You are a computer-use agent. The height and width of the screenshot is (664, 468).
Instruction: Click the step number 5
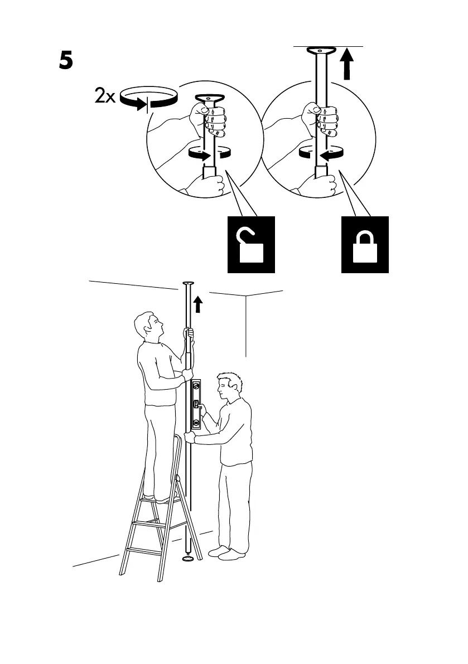tap(66, 61)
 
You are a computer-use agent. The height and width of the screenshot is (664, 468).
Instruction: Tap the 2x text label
tap(104, 98)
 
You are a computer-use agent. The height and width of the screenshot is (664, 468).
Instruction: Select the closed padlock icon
tap(364, 245)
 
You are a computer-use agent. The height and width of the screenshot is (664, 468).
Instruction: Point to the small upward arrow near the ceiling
tap(197, 304)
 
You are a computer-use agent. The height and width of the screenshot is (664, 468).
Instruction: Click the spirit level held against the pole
tap(196, 404)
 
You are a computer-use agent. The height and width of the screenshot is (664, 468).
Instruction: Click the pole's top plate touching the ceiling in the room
tap(188, 285)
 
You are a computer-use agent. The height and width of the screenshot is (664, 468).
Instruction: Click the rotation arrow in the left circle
tap(210, 153)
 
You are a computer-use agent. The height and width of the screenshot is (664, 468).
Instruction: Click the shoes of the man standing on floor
tap(226, 553)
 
